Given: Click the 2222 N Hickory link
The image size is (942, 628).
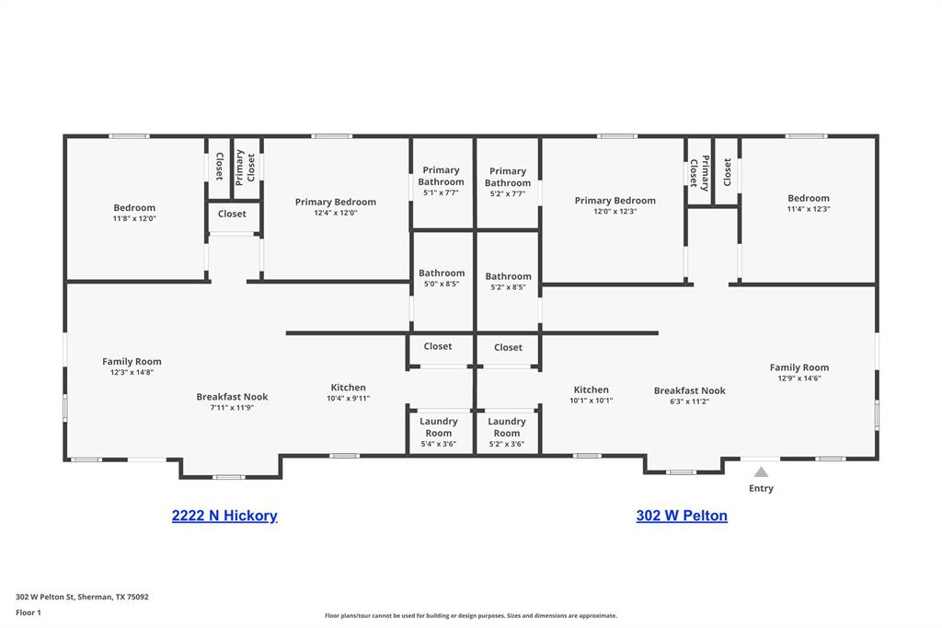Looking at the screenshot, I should (x=224, y=516).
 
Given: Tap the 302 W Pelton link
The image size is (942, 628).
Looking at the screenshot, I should (x=682, y=516).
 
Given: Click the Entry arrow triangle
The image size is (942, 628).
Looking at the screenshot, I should (x=761, y=472).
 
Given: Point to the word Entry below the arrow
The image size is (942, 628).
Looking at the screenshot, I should (x=761, y=488).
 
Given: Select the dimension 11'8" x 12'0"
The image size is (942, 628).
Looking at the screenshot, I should (x=134, y=219).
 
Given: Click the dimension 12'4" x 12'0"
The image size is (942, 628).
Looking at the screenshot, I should (x=335, y=213).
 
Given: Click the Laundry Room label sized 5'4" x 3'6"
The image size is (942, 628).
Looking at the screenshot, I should (x=439, y=427).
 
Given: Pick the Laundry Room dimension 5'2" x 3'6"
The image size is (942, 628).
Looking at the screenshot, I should (x=507, y=444).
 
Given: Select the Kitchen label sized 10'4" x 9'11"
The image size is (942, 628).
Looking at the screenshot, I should (x=349, y=388).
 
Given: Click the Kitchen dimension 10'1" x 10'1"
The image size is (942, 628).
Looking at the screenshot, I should (x=591, y=401).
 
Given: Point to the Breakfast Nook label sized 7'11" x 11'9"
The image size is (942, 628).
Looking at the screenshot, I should (x=232, y=397).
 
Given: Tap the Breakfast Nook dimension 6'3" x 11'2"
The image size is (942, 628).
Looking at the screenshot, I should (x=689, y=401).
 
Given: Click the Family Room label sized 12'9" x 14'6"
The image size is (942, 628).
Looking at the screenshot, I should (x=799, y=367).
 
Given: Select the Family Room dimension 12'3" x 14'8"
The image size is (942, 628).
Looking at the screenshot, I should (x=132, y=372).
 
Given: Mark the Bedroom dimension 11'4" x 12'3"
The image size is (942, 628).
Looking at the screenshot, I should (x=809, y=209).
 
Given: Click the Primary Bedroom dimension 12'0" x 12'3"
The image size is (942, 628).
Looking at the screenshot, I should (x=615, y=212).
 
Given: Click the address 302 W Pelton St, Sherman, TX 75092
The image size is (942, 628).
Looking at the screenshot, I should (x=82, y=597).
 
